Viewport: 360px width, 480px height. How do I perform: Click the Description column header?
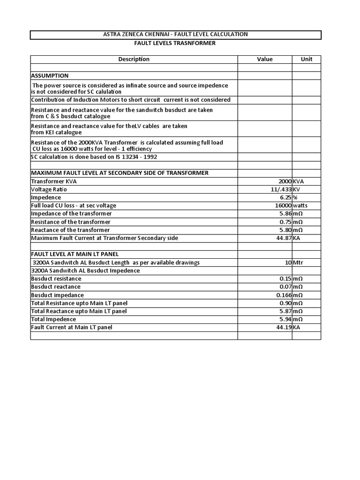(134, 59)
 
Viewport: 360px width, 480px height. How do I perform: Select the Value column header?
(264, 59)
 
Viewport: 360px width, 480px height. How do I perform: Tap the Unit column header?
(307, 59)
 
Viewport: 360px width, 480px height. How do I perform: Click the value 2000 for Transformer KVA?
(285, 181)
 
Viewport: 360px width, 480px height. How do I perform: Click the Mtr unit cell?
(298, 262)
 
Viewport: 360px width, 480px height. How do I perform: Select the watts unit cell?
(300, 205)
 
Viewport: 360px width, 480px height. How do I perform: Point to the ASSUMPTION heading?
(50, 75)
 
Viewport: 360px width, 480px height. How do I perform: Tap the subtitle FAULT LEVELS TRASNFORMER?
(175, 43)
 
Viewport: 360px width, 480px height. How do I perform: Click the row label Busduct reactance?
(56, 286)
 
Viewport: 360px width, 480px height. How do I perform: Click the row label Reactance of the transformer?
(70, 230)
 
